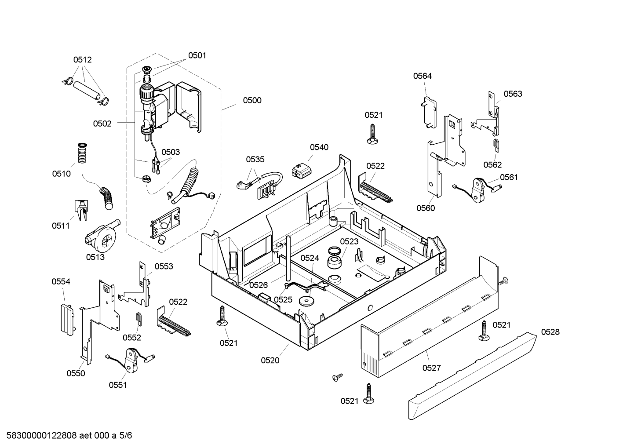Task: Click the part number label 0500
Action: click(x=252, y=101)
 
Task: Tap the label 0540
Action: click(x=319, y=147)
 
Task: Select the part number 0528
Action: click(x=550, y=332)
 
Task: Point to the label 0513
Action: click(x=95, y=257)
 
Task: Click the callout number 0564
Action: click(x=422, y=76)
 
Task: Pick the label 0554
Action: click(x=61, y=281)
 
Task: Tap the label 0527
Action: click(x=432, y=368)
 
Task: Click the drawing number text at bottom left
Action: click(x=69, y=436)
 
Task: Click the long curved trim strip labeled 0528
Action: click(x=473, y=375)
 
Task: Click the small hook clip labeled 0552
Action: click(x=139, y=319)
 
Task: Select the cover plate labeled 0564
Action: click(x=429, y=113)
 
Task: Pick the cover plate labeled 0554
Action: click(x=68, y=320)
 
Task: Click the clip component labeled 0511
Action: click(x=81, y=210)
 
